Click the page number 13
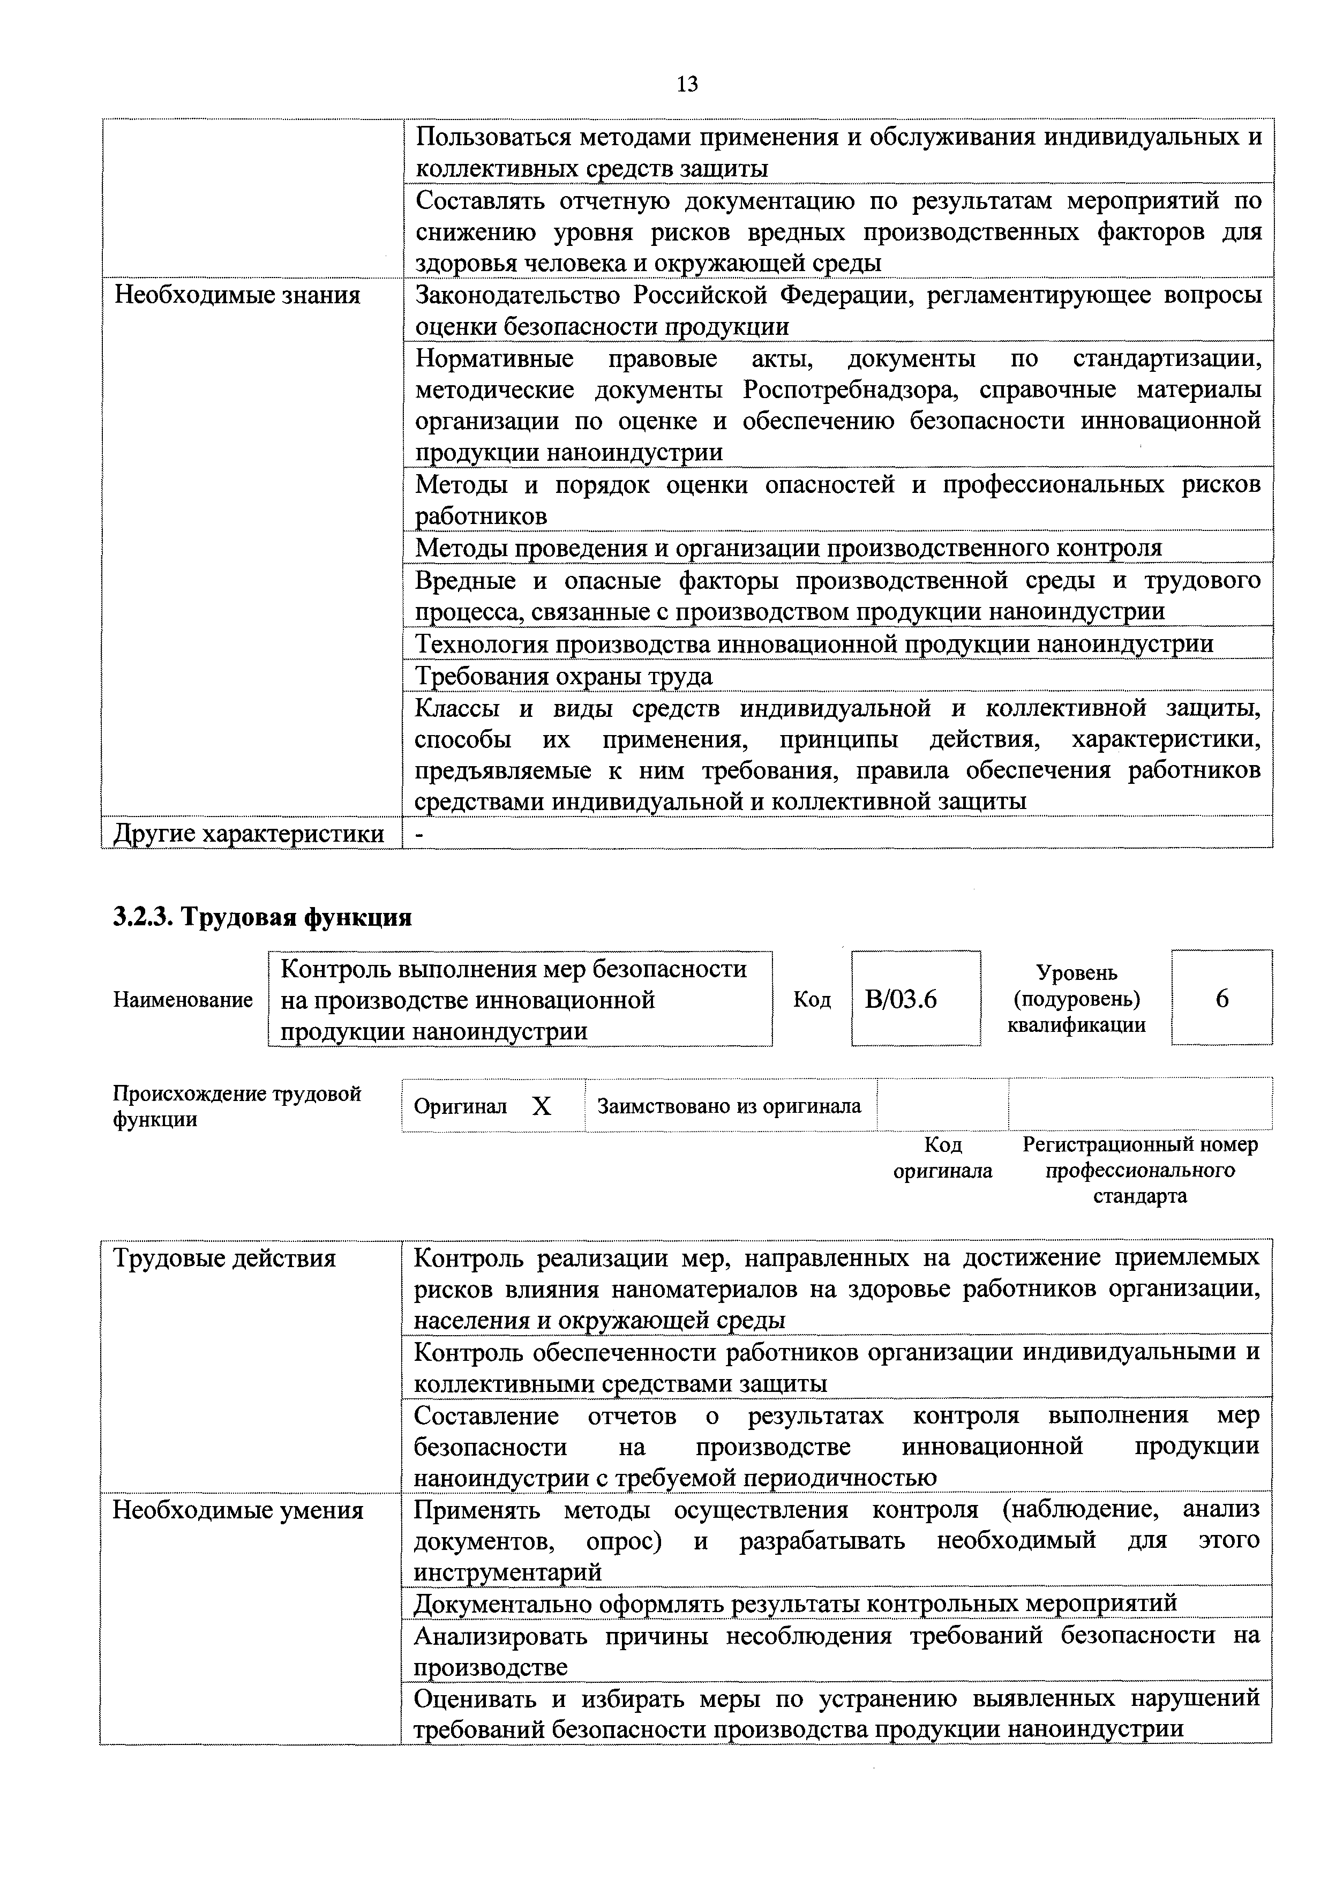(x=687, y=84)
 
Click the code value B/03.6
(x=901, y=999)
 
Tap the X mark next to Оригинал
(x=541, y=1107)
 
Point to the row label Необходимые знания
(x=237, y=295)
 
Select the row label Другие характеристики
(x=248, y=834)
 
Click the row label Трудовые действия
(x=224, y=1257)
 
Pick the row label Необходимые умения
(x=237, y=1509)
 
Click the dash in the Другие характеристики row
(x=420, y=834)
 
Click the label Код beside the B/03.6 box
(x=812, y=1000)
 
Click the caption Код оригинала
(x=942, y=1157)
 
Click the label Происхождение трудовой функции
(x=237, y=1106)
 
